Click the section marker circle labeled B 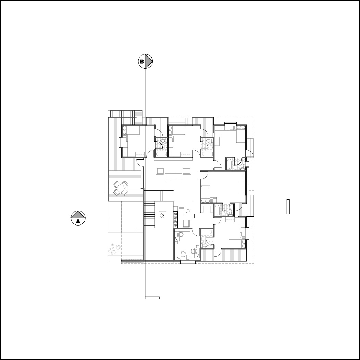(145, 62)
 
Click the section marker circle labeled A (78, 218)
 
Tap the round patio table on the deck (120, 189)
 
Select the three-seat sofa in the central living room (173, 177)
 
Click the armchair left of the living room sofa (160, 171)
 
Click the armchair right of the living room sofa (187, 171)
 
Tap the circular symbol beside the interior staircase (163, 215)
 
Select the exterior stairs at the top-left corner (123, 113)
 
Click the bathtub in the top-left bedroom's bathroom (161, 154)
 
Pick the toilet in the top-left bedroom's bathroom (163, 141)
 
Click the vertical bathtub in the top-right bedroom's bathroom (229, 164)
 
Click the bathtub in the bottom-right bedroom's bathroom (207, 232)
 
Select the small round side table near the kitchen (188, 211)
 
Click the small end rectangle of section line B (152, 298)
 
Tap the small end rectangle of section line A (288, 207)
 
